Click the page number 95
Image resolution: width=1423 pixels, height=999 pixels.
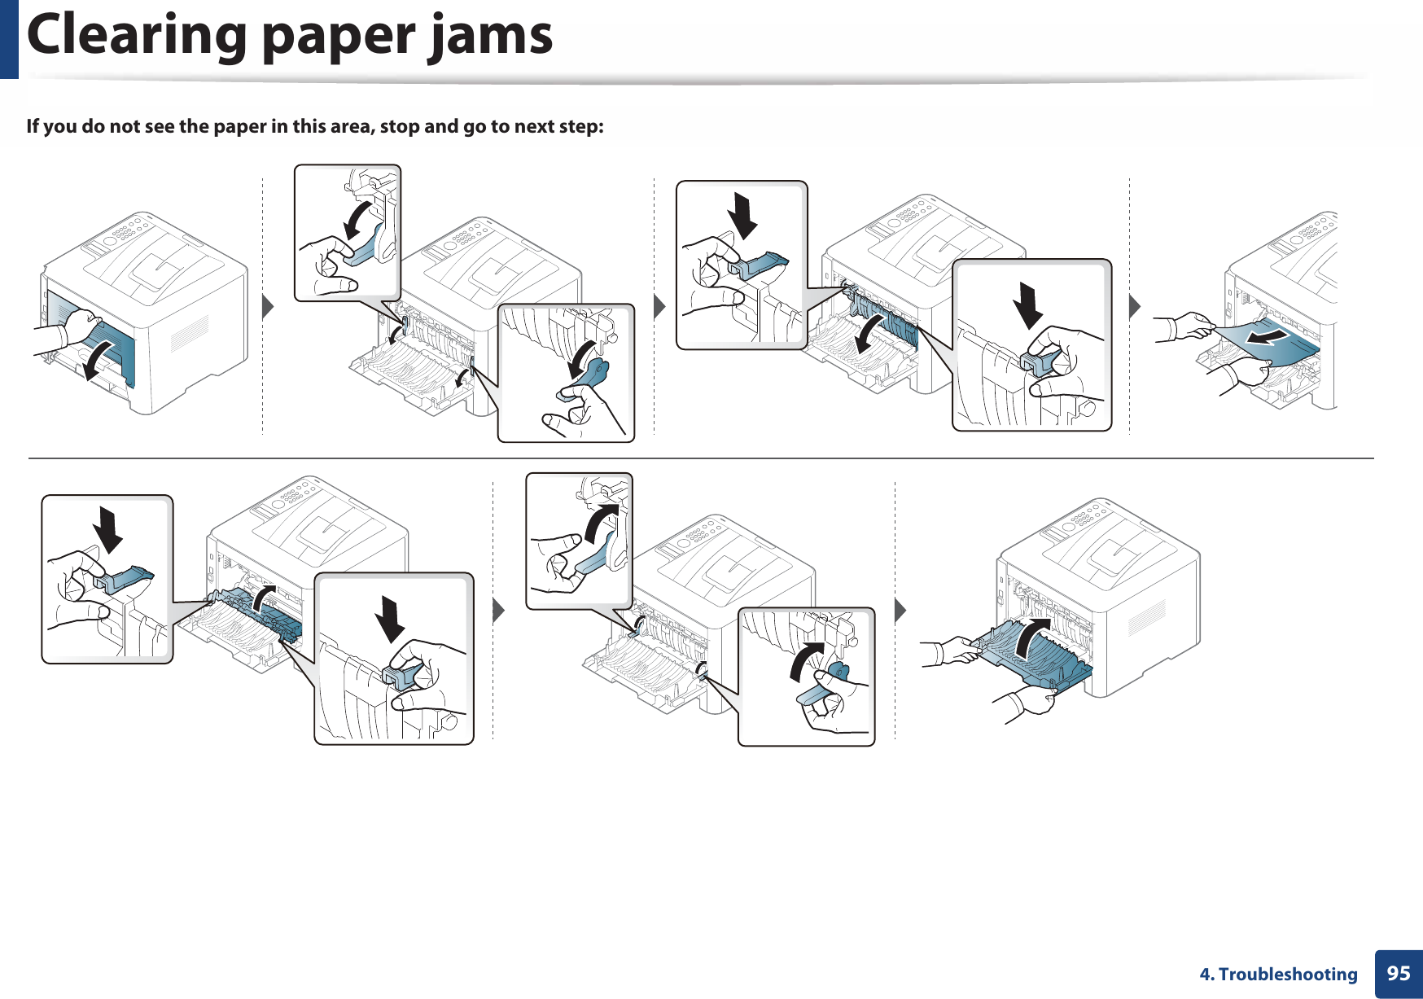[x=1398, y=973]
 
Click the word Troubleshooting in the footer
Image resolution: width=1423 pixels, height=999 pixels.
[x=1288, y=975]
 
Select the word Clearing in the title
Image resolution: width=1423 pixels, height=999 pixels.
[x=137, y=37]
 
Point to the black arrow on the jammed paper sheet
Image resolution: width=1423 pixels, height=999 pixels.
[x=1268, y=335]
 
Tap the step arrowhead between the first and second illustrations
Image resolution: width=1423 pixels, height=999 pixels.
[x=267, y=307]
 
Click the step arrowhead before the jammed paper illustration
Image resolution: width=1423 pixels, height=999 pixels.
[x=1135, y=307]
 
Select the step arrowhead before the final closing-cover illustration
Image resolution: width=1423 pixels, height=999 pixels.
[x=900, y=610]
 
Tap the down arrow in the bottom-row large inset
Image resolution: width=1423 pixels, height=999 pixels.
[x=390, y=619]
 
